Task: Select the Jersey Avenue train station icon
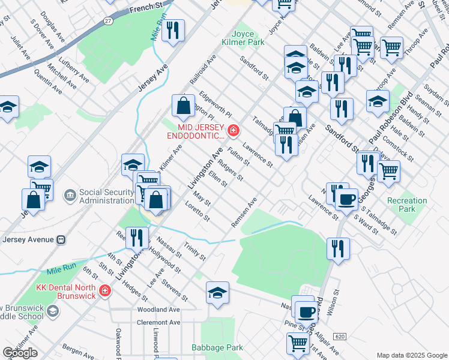click(x=61, y=239)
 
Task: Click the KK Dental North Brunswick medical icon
click(x=105, y=290)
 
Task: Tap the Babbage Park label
click(x=217, y=347)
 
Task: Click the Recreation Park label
click(x=407, y=205)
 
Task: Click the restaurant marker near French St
click(x=173, y=31)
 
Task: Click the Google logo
click(x=20, y=353)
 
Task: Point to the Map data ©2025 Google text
click(x=411, y=355)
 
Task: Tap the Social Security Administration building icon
click(x=70, y=194)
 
